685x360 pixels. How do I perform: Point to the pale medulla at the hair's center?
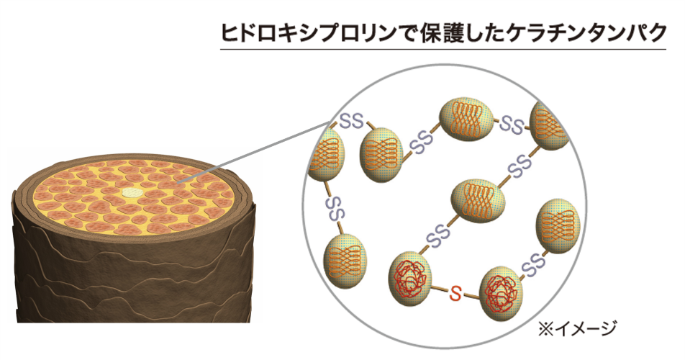tap(130, 192)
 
